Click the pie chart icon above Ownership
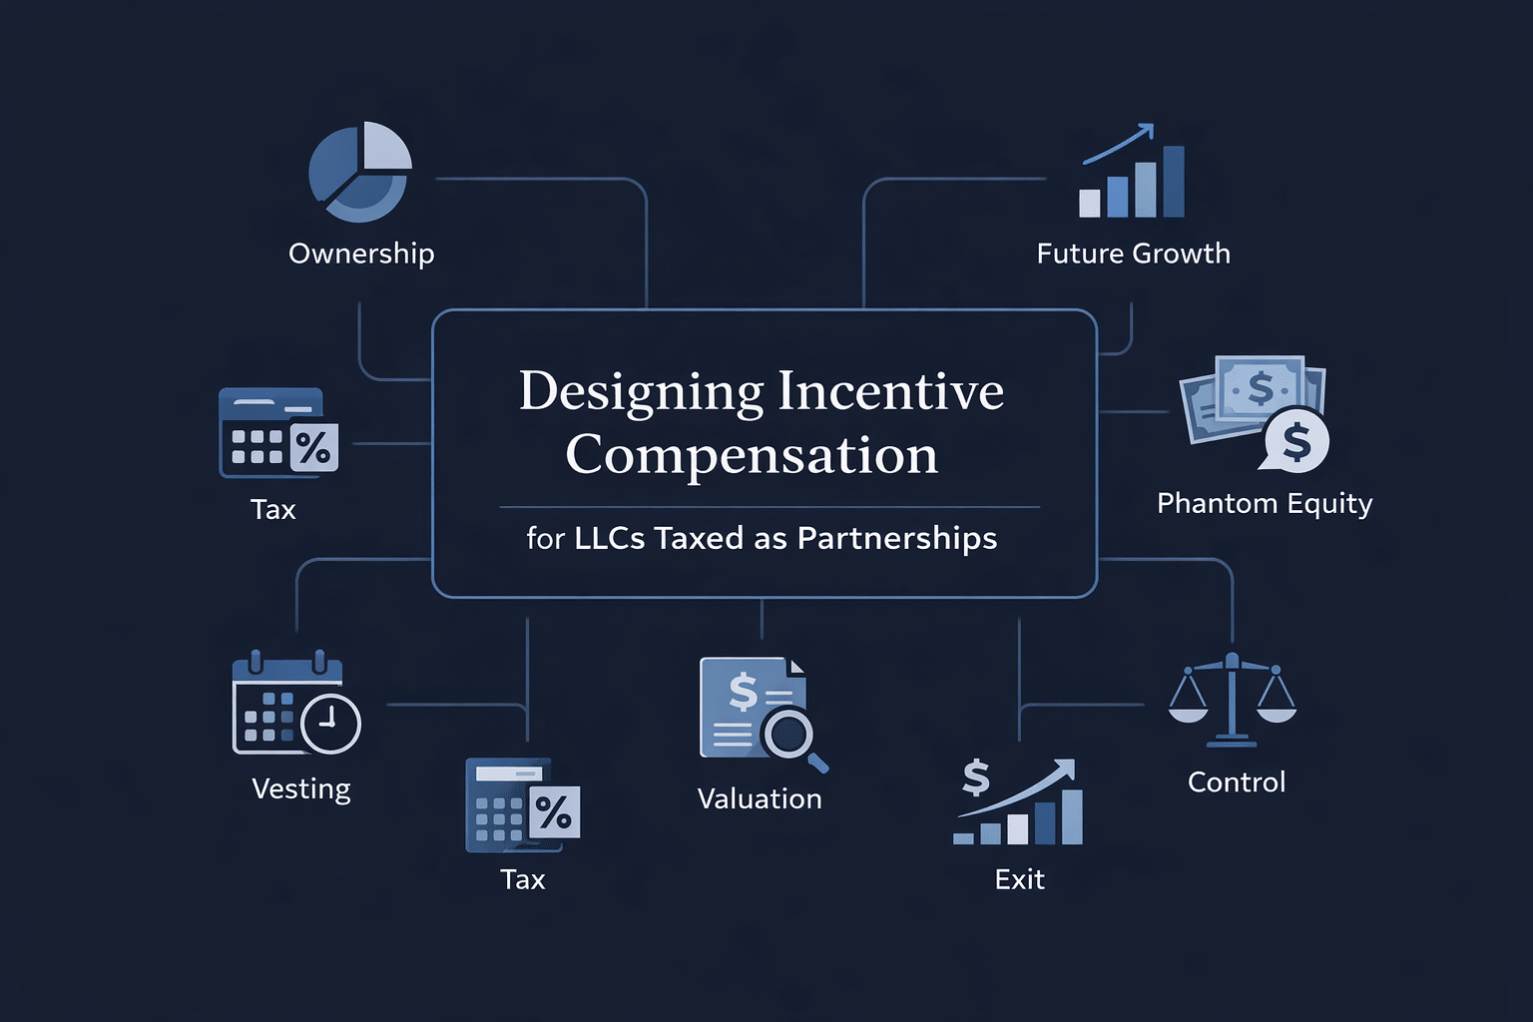pyautogui.click(x=359, y=172)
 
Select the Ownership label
pyautogui.click(x=361, y=254)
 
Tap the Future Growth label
pyautogui.click(x=1133, y=254)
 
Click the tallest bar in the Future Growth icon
pyautogui.click(x=1174, y=182)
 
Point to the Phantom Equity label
pyautogui.click(x=1265, y=503)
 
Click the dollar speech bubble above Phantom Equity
pyautogui.click(x=1295, y=441)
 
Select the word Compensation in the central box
pyautogui.click(x=752, y=455)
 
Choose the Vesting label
pyautogui.click(x=301, y=788)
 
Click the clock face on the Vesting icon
pyautogui.click(x=330, y=723)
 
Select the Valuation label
pyautogui.click(x=760, y=798)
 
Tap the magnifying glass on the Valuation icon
pyautogui.click(x=790, y=735)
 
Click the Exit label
pyautogui.click(x=1019, y=879)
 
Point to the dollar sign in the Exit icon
pyautogui.click(x=975, y=776)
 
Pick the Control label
pyautogui.click(x=1237, y=781)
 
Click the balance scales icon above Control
pyautogui.click(x=1233, y=700)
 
